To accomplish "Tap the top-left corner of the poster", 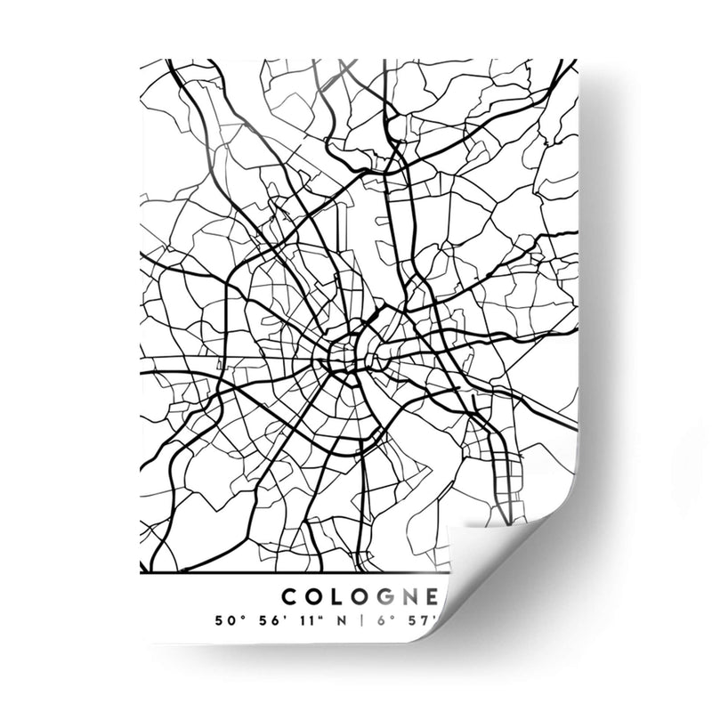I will coord(143,61).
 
